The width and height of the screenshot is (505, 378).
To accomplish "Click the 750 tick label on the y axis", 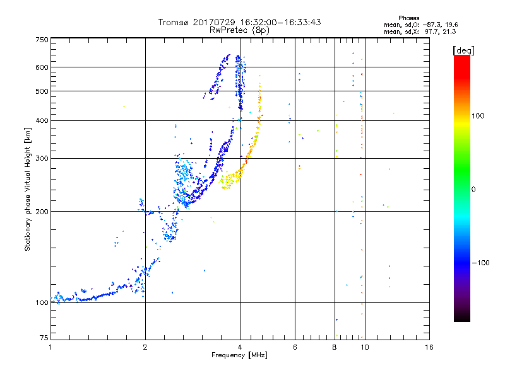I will point(42,40).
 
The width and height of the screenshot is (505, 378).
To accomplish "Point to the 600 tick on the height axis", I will point(42,67).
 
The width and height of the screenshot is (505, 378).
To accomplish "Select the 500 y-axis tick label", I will point(42,91).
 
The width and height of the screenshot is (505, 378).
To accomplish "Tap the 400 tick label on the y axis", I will point(42,120).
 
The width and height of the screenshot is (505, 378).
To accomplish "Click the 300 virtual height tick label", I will point(42,158).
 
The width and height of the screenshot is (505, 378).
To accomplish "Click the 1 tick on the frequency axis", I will point(50,348).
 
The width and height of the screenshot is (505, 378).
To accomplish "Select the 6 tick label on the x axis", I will point(295,348).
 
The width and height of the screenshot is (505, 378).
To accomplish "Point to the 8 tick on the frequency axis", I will point(334,348).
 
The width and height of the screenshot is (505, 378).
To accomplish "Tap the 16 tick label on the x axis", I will point(429,348).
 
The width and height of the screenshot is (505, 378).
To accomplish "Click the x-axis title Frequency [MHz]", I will point(239,356).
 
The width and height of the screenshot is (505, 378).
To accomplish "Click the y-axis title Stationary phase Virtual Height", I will point(28,189).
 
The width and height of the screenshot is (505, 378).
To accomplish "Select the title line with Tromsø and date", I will point(239,22).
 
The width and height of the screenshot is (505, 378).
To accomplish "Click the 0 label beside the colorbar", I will point(475,189).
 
